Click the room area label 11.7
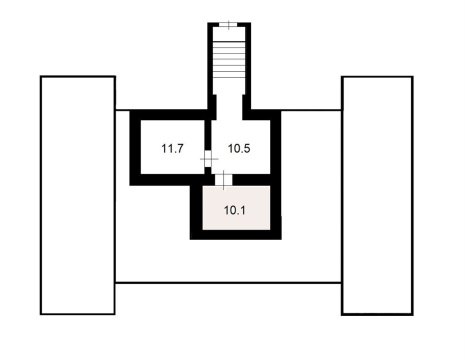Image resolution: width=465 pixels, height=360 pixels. pos(172,148)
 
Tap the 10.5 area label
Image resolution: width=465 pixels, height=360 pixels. pos(238,148)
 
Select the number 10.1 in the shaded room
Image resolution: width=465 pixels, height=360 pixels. pos(235,210)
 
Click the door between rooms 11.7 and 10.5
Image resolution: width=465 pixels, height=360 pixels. pos(207,159)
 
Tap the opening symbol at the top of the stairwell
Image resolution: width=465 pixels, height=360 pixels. pos(229,24)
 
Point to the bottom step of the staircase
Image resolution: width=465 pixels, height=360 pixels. pos(229,89)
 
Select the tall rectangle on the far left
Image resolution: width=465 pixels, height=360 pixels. pos(78,195)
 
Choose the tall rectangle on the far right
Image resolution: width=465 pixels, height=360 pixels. pos(377,195)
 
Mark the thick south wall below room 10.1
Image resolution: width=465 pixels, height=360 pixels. pos(237,236)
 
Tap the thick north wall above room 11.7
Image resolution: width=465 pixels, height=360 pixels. pos(170,114)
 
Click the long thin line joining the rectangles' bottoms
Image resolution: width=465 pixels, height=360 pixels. pos(229,283)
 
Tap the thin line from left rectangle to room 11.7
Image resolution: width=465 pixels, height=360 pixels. pos(123,110)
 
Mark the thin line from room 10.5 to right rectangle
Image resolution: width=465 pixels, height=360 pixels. pos(311,110)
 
